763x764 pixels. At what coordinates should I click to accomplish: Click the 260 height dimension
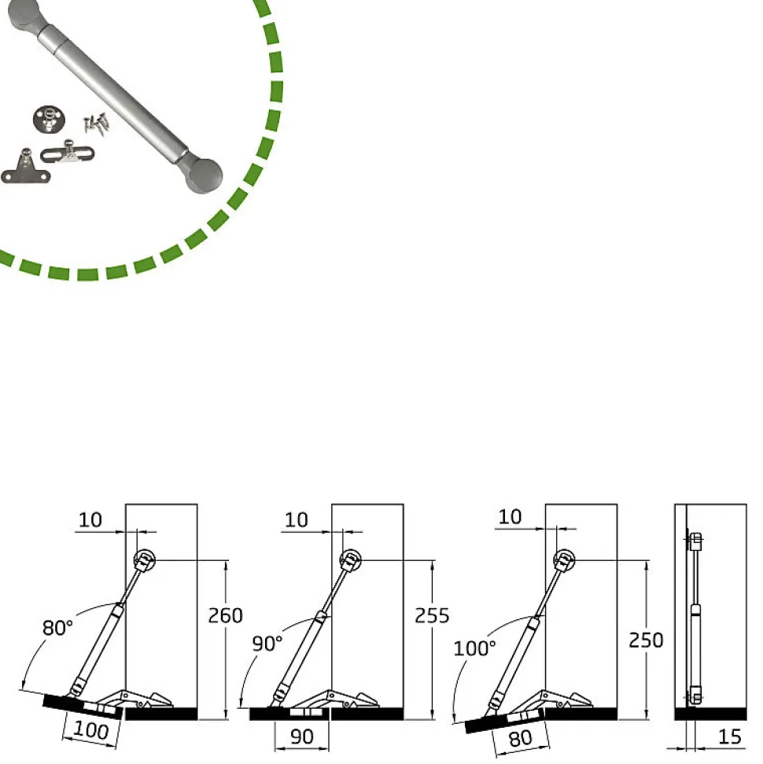[x=225, y=616]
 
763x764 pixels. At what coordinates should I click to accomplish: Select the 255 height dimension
[x=432, y=616]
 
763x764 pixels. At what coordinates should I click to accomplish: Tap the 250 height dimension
[x=646, y=640]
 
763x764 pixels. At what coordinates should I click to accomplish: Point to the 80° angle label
[x=57, y=628]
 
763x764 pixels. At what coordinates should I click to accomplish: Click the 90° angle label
[x=267, y=644]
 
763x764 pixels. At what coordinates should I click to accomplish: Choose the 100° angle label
[x=474, y=648]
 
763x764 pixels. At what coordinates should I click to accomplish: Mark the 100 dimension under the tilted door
[x=91, y=730]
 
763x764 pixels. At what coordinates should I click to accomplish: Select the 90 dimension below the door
[x=301, y=736]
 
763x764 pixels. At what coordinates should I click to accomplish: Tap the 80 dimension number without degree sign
[x=521, y=739]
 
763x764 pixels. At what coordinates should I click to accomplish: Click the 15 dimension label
[x=730, y=736]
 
